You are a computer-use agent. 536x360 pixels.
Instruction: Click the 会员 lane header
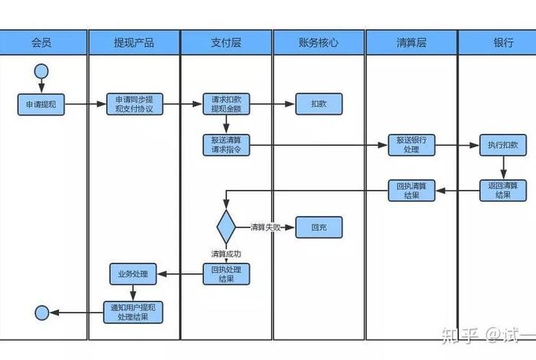42,42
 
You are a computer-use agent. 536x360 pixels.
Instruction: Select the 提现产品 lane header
134,42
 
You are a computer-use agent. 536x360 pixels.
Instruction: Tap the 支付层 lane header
226,42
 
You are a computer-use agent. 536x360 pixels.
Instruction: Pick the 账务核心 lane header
319,42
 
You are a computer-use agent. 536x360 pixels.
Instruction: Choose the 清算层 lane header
411,42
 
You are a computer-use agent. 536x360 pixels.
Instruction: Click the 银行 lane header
502,42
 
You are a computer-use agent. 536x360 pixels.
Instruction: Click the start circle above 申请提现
41,73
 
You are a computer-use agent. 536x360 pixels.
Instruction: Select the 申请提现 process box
41,104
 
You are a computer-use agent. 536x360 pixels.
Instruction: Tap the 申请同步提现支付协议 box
134,104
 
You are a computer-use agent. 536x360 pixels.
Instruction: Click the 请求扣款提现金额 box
226,104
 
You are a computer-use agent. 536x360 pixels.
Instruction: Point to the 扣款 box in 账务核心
319,103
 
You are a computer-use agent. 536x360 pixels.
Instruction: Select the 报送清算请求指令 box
226,145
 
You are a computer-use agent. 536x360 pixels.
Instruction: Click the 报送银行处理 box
411,145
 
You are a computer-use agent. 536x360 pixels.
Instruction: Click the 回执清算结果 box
411,190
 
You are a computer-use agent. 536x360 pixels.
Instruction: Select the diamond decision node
226,227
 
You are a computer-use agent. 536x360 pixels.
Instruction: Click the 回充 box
319,227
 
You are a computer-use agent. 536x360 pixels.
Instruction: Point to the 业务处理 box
133,273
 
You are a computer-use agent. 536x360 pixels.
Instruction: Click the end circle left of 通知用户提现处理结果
41,311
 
